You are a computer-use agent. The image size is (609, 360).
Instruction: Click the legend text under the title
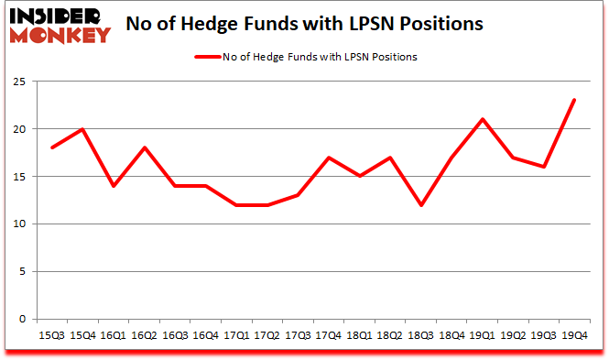coord(320,57)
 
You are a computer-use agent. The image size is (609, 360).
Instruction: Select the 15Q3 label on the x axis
coord(52,334)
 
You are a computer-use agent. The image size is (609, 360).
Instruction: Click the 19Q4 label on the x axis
coord(575,334)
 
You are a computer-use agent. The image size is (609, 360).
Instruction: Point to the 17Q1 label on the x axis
coord(236,334)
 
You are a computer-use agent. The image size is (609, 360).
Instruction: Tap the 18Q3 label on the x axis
coord(421,334)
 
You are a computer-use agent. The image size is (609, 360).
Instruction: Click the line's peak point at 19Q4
coord(575,100)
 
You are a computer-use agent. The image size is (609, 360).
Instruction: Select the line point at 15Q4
coord(83,128)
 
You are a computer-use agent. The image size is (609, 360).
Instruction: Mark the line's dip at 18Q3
coord(421,204)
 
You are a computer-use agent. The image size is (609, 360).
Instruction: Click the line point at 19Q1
coord(483,119)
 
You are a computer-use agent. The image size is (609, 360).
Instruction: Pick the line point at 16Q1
coord(114,186)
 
